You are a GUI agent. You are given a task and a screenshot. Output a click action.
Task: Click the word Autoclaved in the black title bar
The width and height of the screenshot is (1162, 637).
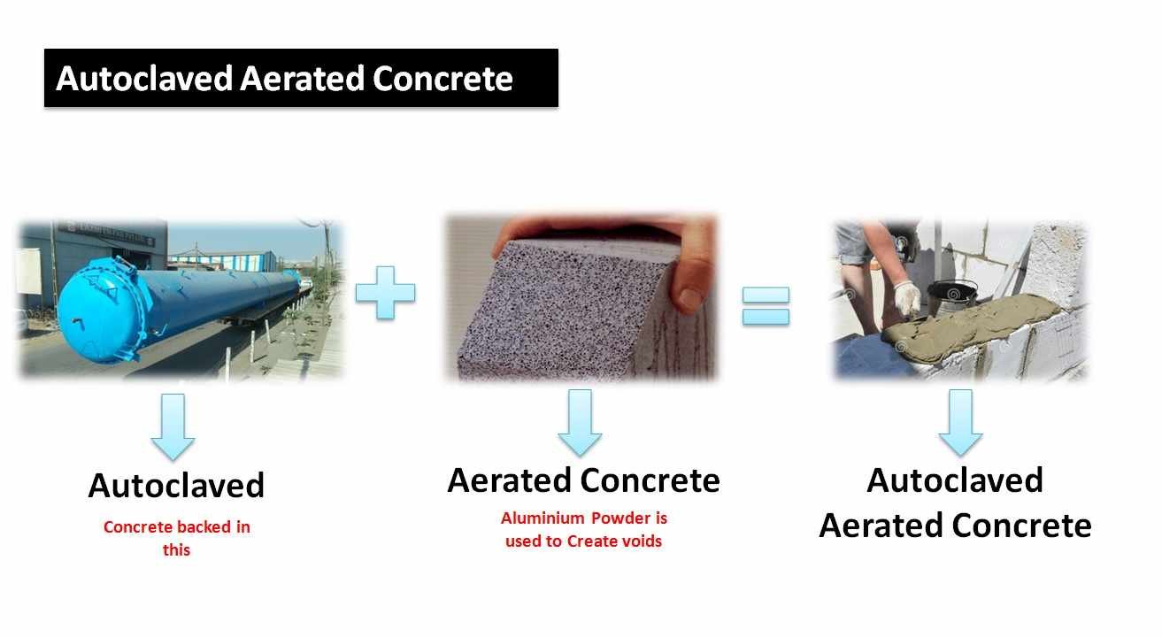coord(144,79)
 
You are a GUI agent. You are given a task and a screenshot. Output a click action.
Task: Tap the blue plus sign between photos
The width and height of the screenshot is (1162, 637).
coord(385,291)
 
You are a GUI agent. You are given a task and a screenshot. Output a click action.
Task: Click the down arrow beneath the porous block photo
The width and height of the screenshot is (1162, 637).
coord(580,423)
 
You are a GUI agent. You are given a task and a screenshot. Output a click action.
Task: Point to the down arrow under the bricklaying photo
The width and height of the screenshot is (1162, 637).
coord(960,423)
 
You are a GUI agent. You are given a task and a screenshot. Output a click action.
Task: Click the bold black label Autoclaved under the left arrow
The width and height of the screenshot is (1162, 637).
coord(176,486)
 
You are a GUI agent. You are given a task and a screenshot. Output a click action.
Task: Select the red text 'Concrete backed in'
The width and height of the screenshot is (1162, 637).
coord(176,527)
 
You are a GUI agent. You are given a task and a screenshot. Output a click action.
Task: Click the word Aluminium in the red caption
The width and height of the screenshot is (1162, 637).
coord(541,518)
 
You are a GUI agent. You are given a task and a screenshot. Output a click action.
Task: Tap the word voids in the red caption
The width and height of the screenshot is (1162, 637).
coord(641,541)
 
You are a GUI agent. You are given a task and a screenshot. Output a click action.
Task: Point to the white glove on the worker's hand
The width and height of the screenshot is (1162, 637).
coord(906,297)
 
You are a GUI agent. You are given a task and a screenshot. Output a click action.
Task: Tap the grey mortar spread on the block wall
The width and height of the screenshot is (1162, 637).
coord(973,323)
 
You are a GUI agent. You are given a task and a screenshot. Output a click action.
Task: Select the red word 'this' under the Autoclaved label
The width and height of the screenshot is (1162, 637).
coord(176,549)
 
